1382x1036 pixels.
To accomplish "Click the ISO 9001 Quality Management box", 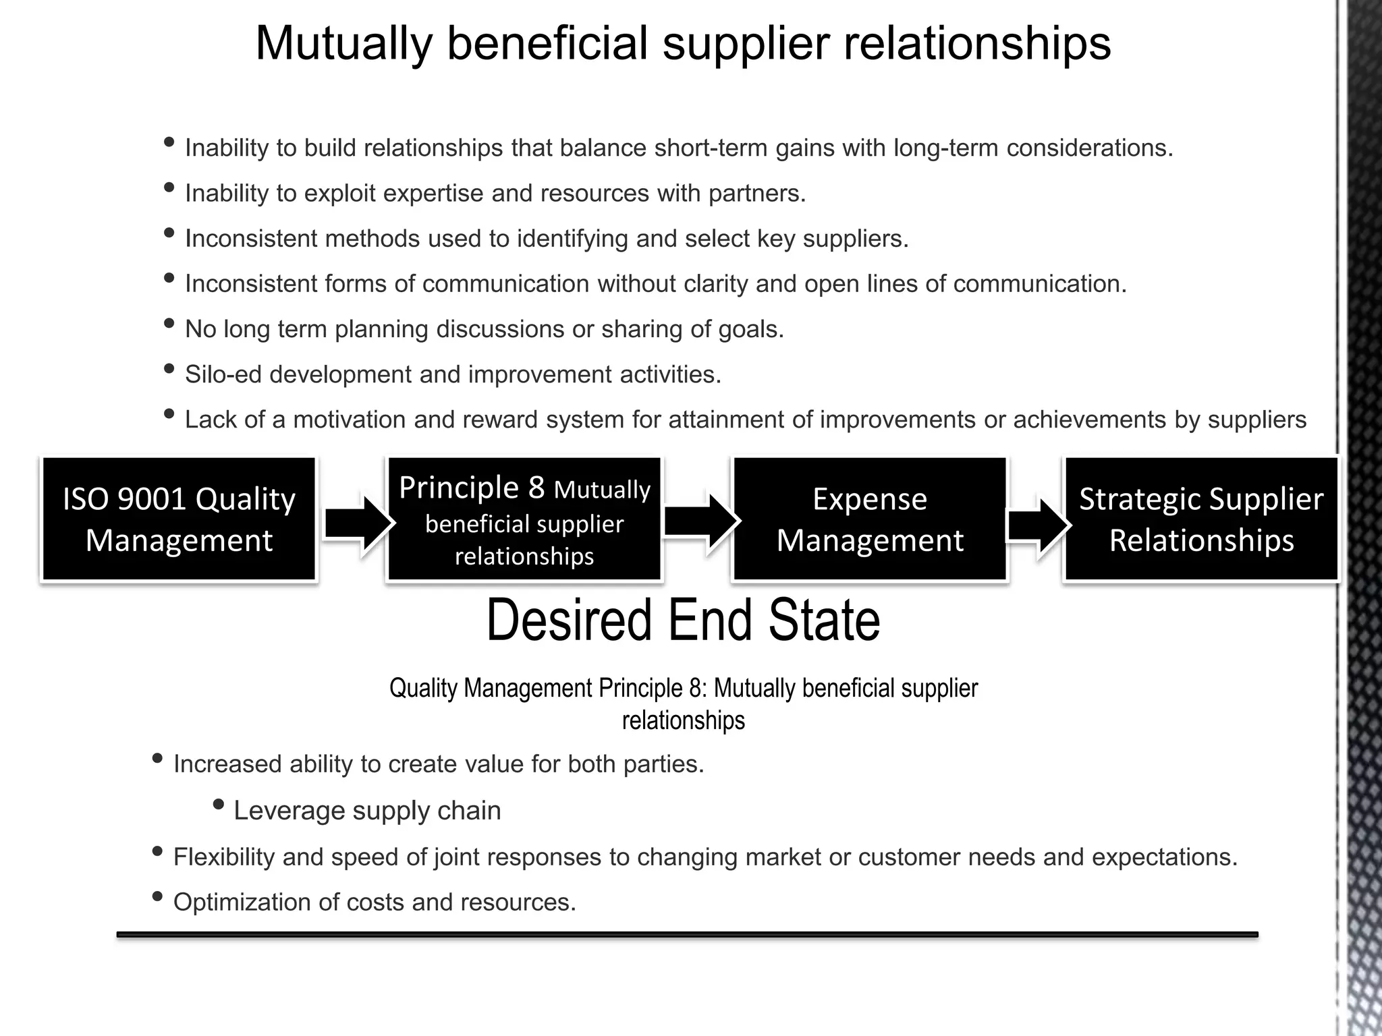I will click(x=179, y=519).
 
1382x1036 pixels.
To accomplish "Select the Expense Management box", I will click(x=870, y=519).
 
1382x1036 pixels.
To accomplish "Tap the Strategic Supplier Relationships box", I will click(x=1201, y=519).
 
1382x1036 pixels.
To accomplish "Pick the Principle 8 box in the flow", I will click(x=524, y=519).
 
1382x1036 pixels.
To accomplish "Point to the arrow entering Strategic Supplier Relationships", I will click(x=1037, y=525).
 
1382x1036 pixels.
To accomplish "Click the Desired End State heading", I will click(x=683, y=621).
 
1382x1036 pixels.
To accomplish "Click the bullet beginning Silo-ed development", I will click(x=453, y=374).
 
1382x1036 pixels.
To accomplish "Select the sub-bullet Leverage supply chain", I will click(x=367, y=811).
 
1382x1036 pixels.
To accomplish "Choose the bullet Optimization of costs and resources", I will click(x=375, y=902).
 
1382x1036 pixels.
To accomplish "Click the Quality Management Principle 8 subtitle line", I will click(x=683, y=689).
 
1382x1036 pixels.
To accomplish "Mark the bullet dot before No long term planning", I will click(x=169, y=324).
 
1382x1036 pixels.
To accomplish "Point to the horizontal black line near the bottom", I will click(x=687, y=935).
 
